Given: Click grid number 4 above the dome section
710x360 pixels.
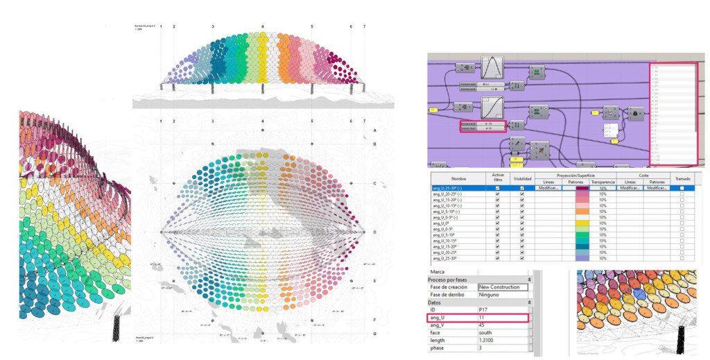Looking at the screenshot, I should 262,26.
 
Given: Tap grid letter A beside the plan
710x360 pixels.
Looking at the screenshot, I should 374,130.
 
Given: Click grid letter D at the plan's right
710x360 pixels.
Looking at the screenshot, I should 374,232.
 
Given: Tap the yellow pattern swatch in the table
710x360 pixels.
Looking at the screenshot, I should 576,224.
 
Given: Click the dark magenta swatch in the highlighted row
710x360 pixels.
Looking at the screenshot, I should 576,188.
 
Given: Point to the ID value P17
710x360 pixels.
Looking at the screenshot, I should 483,310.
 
